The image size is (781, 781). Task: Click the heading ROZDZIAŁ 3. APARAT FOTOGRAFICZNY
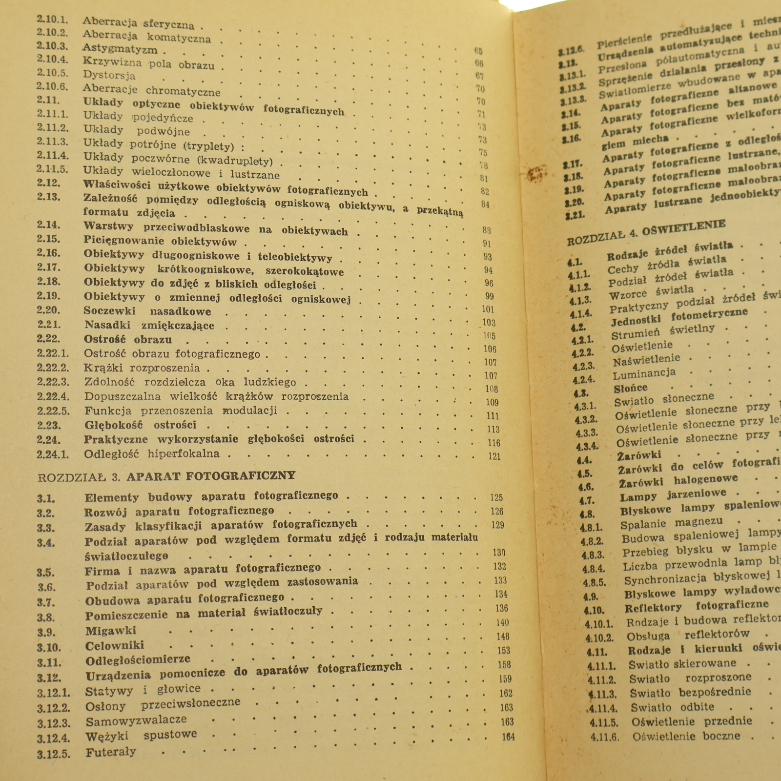coord(166,475)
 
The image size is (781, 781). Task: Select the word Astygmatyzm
coord(120,49)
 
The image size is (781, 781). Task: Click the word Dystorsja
coord(109,75)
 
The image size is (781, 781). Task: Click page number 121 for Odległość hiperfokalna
coord(494,456)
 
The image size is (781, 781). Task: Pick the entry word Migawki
coord(111,631)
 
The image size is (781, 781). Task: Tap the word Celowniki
coord(115,646)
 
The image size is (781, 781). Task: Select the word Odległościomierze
coord(138,660)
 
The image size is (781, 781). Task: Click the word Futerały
coord(111,752)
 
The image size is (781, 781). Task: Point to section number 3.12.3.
coord(54,723)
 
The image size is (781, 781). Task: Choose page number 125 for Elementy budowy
coord(496,497)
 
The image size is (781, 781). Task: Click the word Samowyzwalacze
coord(136,720)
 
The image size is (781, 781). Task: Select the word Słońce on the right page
coord(631,389)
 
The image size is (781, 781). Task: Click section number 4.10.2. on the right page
coord(599,637)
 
